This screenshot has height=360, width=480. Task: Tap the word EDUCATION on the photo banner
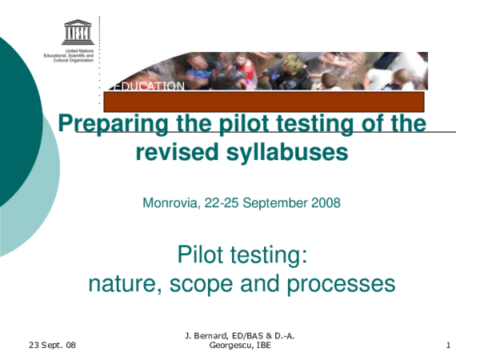(150, 86)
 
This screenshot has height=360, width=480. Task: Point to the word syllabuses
(283, 152)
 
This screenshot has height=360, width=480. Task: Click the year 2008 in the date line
(325, 203)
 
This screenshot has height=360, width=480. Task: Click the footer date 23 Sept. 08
(51, 345)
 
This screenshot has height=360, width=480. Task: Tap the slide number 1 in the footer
(449, 345)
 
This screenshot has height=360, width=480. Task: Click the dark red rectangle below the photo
(263, 102)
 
